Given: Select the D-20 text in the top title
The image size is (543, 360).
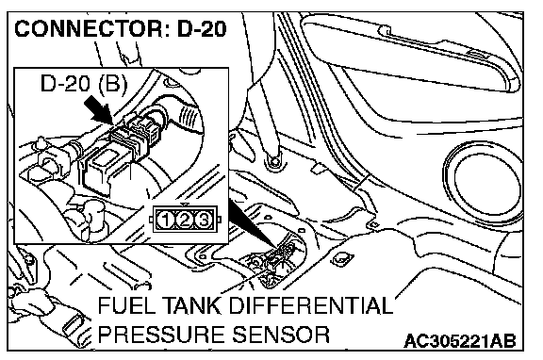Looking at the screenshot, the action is click(202, 28).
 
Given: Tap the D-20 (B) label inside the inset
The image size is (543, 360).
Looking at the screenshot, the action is click(84, 84).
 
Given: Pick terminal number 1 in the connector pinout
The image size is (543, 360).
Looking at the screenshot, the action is click(166, 220).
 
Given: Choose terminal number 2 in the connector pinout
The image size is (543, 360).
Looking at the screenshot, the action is click(185, 220).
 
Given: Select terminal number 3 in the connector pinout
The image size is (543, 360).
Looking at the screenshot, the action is click(204, 220).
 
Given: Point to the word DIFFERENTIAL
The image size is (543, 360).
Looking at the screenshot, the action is click(310, 305).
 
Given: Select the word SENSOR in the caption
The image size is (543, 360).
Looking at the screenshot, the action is click(281, 334).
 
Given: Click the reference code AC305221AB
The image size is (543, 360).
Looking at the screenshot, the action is click(460, 341).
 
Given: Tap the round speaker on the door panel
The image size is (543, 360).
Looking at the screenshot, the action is click(485, 183).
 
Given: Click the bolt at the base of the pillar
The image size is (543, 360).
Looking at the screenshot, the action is click(274, 161).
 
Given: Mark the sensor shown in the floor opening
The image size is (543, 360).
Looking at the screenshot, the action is click(275, 258).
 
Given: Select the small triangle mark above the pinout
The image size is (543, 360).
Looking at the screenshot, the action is click(186, 205).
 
